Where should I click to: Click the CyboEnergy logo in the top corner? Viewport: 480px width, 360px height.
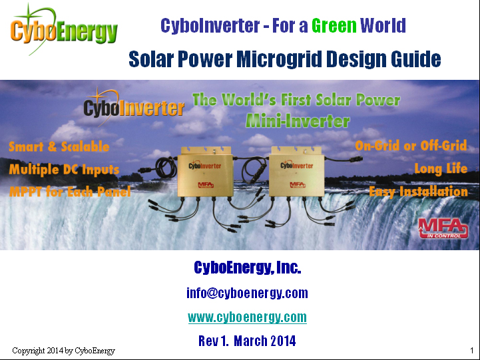(x=64, y=30)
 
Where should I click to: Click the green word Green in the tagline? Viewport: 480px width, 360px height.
(x=334, y=25)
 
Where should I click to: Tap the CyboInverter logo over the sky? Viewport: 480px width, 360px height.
(x=134, y=106)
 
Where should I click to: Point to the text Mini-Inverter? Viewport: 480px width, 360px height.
(x=298, y=121)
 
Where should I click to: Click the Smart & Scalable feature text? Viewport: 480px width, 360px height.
(x=59, y=146)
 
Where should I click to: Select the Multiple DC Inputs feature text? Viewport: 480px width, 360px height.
(x=64, y=170)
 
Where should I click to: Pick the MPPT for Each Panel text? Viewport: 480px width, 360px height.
(x=70, y=192)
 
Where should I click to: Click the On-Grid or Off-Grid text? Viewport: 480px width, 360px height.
(x=411, y=146)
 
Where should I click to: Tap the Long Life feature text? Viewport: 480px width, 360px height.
(x=441, y=168)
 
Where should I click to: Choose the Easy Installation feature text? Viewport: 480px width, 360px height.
(x=419, y=192)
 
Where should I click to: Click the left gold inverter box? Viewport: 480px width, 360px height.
(x=205, y=173)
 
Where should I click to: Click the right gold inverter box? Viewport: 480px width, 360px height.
(x=296, y=172)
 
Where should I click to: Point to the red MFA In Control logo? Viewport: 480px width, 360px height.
(x=443, y=228)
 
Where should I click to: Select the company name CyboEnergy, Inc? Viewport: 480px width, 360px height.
(x=248, y=268)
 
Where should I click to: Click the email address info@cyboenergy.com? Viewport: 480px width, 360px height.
(x=247, y=293)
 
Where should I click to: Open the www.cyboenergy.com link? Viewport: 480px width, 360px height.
(x=248, y=317)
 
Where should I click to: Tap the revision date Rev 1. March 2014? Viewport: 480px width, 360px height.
(x=247, y=341)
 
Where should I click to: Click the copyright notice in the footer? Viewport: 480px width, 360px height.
(x=64, y=351)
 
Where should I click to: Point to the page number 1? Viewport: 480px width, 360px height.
(x=472, y=351)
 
